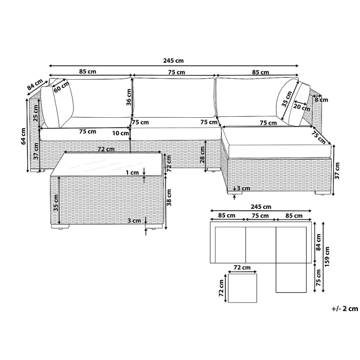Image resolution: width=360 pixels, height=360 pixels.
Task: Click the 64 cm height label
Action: [24, 136]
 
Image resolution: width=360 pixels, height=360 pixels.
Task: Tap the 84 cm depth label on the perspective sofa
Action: [35, 84]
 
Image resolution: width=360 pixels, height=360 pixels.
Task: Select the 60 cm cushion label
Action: [62, 86]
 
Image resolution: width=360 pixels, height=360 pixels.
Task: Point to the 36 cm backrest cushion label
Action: [129, 97]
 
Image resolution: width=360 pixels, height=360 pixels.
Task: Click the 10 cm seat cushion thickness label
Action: [120, 133]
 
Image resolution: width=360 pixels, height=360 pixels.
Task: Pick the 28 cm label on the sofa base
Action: [202, 155]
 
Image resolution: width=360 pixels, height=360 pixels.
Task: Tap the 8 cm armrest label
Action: [321, 100]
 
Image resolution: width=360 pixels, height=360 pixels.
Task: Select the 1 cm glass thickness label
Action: [132, 172]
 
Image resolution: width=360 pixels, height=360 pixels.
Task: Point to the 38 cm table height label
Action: [169, 197]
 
